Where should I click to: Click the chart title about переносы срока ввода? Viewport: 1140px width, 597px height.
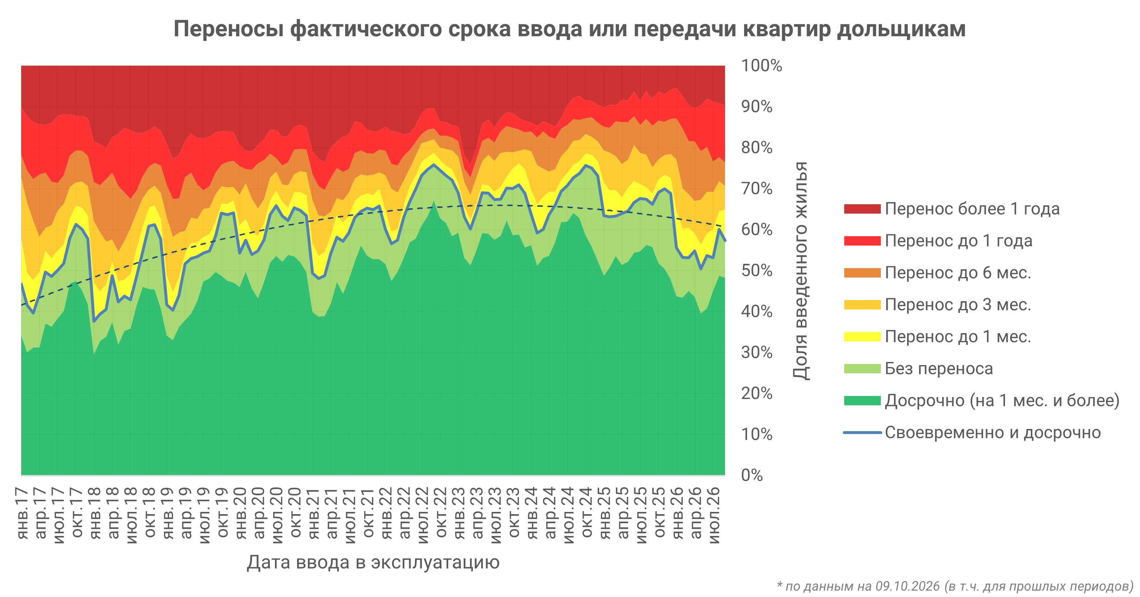point(569,29)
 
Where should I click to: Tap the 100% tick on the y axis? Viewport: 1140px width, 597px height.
point(761,65)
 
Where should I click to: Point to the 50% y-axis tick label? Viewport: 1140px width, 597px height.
point(757,270)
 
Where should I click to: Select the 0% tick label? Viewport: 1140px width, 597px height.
point(752,475)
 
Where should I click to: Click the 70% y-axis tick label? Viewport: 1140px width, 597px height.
point(757,188)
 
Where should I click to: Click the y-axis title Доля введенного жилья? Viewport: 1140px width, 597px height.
point(800,270)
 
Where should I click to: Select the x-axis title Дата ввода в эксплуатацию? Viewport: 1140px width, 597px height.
point(373,563)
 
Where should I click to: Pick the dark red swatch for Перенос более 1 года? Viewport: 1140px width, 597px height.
point(862,209)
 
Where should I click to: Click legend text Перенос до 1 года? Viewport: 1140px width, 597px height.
point(959,241)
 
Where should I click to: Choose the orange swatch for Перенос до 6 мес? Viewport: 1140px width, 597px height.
point(862,272)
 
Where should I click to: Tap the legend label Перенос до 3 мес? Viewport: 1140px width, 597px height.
point(958,304)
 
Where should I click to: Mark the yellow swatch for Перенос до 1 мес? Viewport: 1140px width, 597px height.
point(862,337)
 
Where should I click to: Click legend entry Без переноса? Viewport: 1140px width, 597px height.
point(939,369)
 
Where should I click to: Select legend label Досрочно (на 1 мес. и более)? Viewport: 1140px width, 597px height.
point(1002,401)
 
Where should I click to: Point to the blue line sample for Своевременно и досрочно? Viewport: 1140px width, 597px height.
point(862,432)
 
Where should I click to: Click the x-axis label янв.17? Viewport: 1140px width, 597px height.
point(22,513)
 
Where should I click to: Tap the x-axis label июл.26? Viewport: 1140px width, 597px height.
point(714,515)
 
